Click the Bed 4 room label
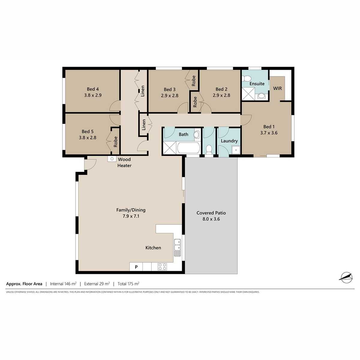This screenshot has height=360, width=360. point(93,89)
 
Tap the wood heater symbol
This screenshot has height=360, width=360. point(112,159)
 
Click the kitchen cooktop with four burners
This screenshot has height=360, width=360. point(162,267)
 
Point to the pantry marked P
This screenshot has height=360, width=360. point(136,267)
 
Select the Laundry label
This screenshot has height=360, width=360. point(229,141)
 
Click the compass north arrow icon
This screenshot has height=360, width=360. point(346,277)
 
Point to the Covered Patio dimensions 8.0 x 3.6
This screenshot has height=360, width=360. point(211,219)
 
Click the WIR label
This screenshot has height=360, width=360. point(277,88)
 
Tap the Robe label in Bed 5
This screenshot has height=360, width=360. point(115,142)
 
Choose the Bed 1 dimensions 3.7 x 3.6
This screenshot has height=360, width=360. point(269,133)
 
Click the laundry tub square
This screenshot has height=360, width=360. point(236,150)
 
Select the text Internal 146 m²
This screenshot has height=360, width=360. point(63,284)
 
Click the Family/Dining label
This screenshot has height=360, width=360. point(131,210)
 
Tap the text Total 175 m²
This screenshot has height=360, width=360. point(128,284)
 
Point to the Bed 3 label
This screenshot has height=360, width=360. point(169,89)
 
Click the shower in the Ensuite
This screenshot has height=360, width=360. point(248,94)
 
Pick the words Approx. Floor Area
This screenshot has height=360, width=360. point(24,284)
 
